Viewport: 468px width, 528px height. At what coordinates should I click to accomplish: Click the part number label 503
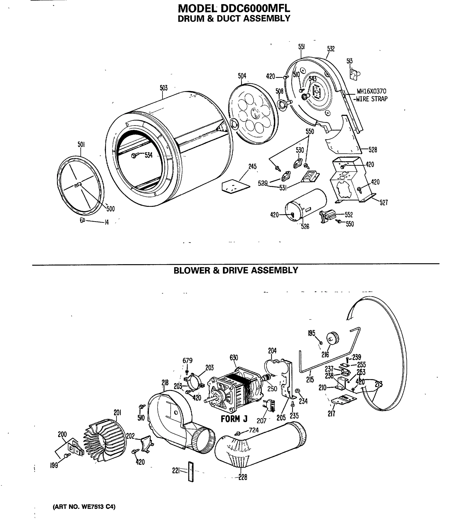[x=163, y=88]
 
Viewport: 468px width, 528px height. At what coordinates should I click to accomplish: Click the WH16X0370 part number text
[x=371, y=91]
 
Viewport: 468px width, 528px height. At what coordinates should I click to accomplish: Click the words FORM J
[x=234, y=419]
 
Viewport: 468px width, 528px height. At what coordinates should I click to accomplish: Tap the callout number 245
[x=252, y=167]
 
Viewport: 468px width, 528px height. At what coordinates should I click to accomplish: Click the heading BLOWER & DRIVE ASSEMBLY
[x=236, y=270]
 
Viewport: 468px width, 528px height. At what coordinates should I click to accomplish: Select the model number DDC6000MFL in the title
[x=255, y=9]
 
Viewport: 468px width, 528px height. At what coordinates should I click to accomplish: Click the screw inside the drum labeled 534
[x=134, y=156]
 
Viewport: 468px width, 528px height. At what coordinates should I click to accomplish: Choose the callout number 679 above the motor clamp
[x=187, y=360]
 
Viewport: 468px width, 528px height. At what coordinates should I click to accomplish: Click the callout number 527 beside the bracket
[x=384, y=203]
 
